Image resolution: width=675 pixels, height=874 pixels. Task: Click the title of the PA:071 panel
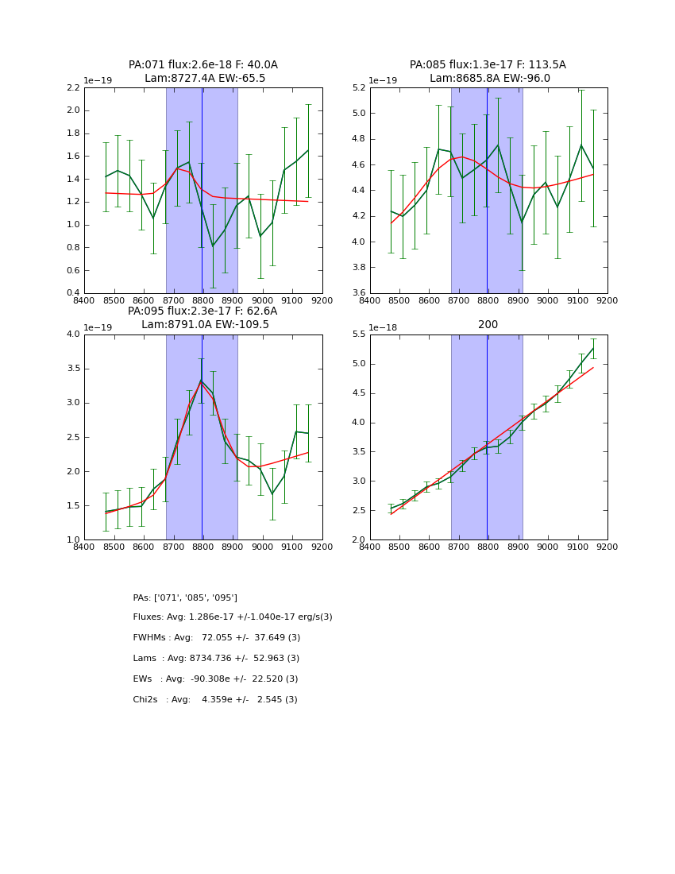coord(203,72)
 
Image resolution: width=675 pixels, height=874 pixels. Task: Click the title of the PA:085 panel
coord(488,72)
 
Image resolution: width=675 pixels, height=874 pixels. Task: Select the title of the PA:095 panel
coord(203,318)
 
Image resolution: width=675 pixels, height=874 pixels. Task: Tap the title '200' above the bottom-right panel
coord(488,324)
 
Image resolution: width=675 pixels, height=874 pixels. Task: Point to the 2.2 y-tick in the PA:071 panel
coord(72,87)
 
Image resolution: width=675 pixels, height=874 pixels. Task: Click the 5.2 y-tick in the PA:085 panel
coord(357,87)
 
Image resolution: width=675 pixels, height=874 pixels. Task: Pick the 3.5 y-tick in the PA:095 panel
coord(72,368)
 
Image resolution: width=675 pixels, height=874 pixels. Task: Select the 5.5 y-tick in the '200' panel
coord(357,334)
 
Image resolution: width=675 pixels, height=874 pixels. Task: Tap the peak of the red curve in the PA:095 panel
coord(201,382)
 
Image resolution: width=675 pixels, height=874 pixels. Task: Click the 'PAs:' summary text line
coord(185,597)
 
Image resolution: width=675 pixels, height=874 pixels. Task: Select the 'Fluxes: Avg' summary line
coord(233,617)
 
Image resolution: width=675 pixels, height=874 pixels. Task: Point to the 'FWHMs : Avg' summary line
coord(217,638)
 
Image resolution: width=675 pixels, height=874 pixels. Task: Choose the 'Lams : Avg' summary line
coord(216,659)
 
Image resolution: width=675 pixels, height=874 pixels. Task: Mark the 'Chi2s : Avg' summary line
coord(215,700)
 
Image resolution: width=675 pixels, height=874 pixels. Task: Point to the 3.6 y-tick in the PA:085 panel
coord(357,293)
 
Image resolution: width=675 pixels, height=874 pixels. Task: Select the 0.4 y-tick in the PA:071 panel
coord(72,293)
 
